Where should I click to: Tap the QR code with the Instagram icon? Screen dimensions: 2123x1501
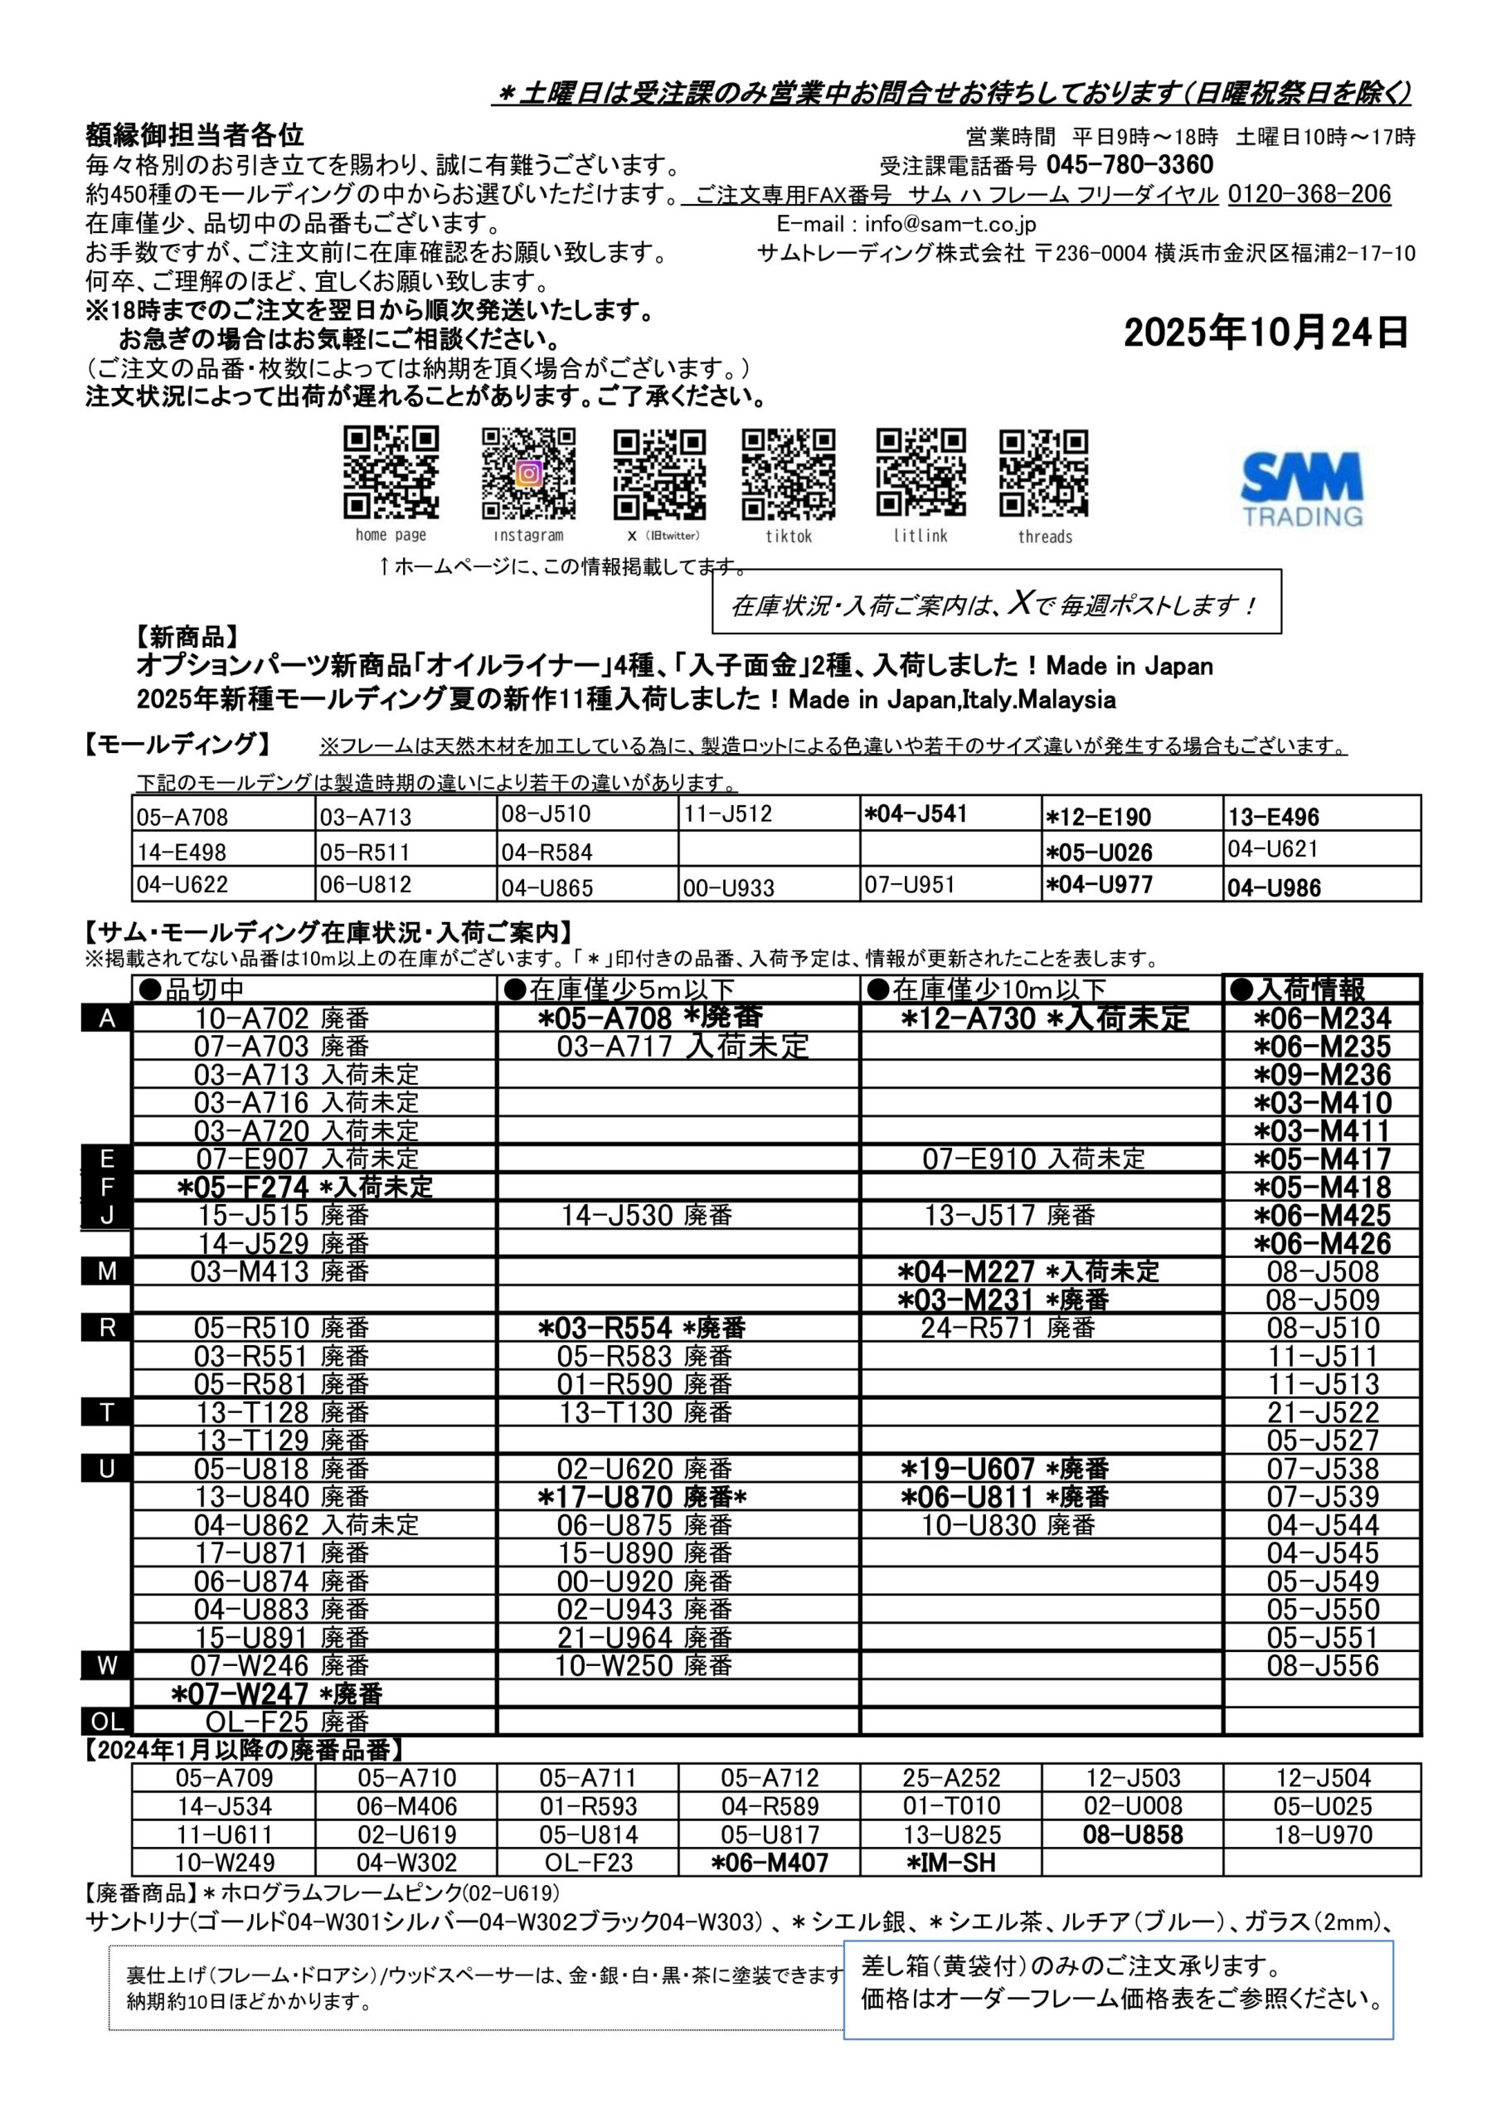click(528, 474)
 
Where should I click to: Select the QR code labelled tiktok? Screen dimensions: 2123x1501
click(788, 474)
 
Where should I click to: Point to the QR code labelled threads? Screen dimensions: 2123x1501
click(1043, 474)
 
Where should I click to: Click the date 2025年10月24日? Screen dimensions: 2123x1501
click(1265, 333)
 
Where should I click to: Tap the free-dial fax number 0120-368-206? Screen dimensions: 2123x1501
click(1309, 194)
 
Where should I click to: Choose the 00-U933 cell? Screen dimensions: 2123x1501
click(728, 887)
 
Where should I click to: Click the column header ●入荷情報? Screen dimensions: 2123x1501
click(1298, 989)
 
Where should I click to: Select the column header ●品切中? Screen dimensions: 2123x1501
click(192, 989)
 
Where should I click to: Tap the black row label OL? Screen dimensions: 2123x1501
click(107, 1722)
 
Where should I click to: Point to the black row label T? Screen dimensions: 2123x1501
click(107, 1413)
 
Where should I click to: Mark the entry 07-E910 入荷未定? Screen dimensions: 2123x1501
click(1032, 1159)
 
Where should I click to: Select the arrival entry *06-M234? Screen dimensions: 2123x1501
click(1322, 1019)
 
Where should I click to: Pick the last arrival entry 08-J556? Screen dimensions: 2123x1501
click(1322, 1665)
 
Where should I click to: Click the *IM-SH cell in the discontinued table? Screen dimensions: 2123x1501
click(950, 1863)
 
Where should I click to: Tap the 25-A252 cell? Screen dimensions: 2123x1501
click(950, 1777)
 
